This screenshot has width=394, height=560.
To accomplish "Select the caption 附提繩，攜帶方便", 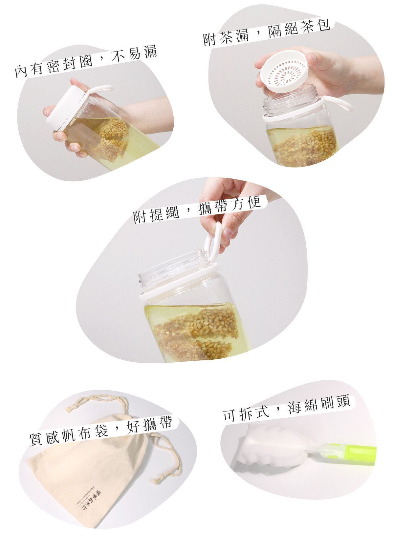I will [x=197, y=210].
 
